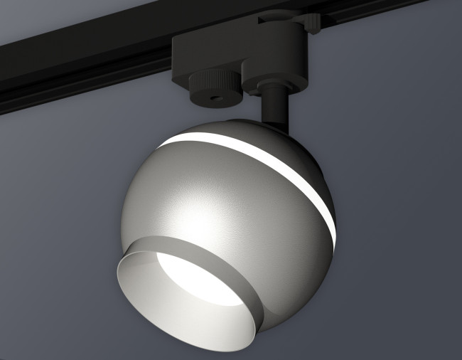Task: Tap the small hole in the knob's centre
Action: pyautogui.click(x=213, y=93)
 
